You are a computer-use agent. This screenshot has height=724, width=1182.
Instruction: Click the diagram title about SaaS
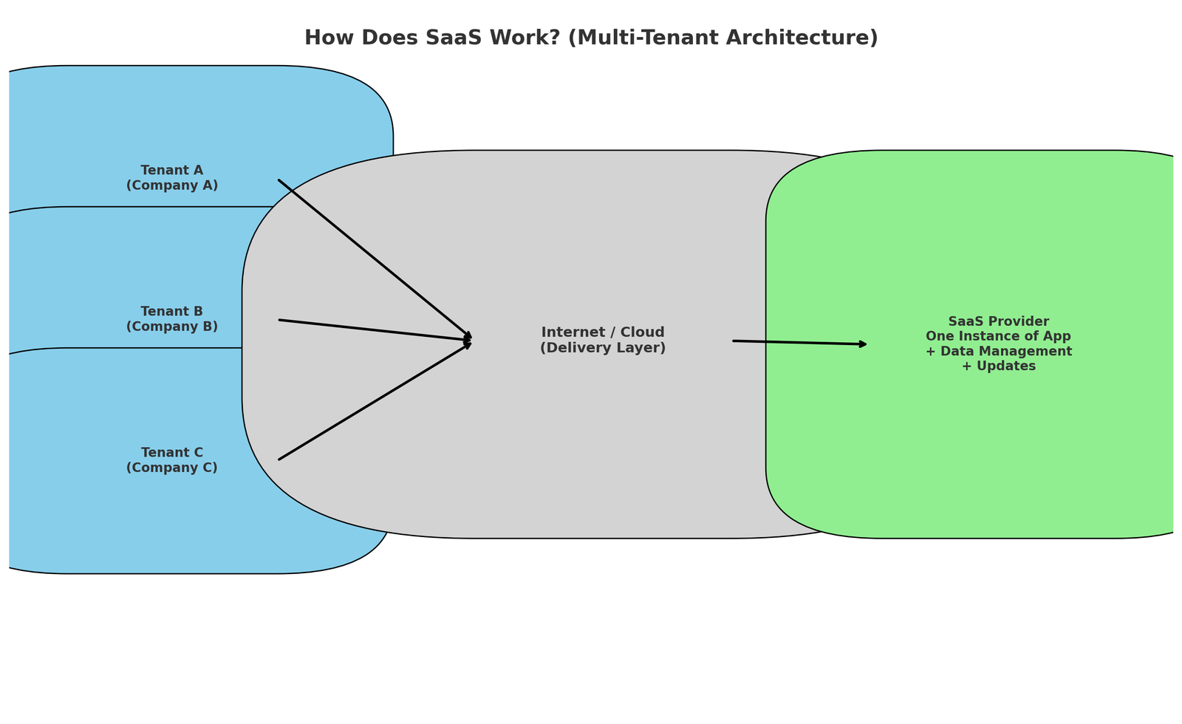591,38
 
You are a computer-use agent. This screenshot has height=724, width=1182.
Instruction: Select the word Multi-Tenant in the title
686,38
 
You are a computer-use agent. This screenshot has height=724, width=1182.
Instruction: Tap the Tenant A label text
171,171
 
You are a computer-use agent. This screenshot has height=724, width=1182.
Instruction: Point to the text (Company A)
171,185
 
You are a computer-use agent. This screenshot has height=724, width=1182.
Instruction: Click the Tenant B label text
171,312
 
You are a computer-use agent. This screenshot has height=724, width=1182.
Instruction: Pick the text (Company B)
171,327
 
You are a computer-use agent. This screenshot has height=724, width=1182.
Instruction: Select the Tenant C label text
171,453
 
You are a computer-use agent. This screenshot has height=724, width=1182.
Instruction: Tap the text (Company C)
171,468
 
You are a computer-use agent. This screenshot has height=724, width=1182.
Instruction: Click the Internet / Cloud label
603,332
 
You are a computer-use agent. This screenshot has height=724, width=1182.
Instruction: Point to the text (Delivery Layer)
603,347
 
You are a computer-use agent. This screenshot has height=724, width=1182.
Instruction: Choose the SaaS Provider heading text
998,321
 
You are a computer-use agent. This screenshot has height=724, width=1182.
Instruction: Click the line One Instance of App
998,336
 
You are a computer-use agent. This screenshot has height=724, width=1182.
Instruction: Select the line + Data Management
998,351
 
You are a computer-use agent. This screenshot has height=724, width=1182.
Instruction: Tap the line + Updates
998,366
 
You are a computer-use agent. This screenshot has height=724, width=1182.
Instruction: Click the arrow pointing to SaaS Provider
798,342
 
